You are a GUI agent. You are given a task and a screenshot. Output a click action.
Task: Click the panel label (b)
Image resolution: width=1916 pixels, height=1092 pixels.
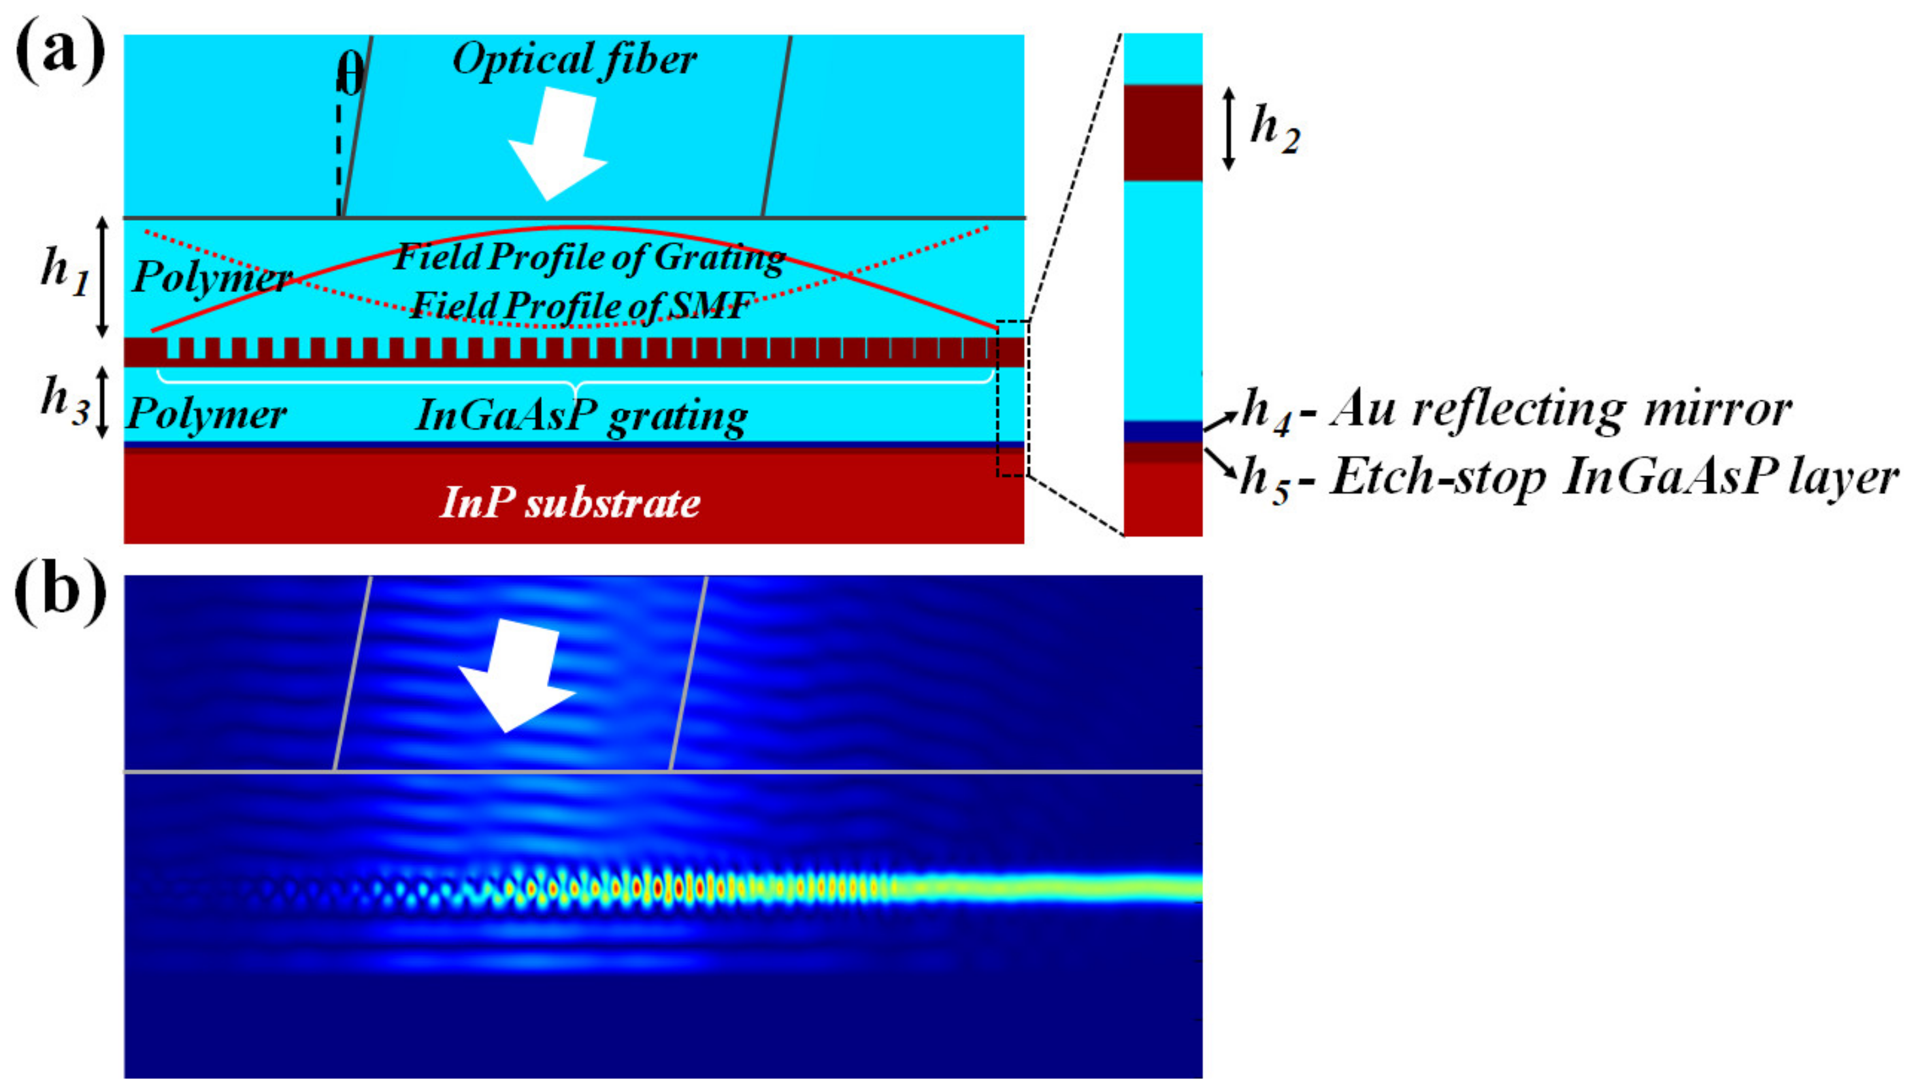coord(60,592)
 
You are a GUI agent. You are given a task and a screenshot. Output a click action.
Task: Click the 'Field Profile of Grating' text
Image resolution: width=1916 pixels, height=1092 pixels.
coord(589,257)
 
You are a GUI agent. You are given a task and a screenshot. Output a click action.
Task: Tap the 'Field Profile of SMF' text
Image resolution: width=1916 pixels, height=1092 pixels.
coord(582,305)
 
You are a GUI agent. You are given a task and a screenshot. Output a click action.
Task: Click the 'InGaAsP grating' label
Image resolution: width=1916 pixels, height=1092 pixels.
coord(582,415)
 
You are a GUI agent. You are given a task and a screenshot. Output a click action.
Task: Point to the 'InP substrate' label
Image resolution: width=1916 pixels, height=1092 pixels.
coord(570,502)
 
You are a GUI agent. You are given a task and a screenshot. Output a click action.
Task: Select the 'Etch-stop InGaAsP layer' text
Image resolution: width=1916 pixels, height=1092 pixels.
coord(1613,477)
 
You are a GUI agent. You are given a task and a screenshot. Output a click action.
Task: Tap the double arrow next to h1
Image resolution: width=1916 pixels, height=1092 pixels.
coord(103,277)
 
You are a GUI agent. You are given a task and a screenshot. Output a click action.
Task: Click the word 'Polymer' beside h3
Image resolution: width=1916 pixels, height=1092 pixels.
coord(206,414)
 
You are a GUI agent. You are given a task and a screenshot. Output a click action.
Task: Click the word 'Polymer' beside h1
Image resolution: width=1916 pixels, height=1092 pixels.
coord(212,278)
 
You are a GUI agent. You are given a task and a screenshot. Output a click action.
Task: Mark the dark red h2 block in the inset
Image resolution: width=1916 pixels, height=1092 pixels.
coord(1163,133)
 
